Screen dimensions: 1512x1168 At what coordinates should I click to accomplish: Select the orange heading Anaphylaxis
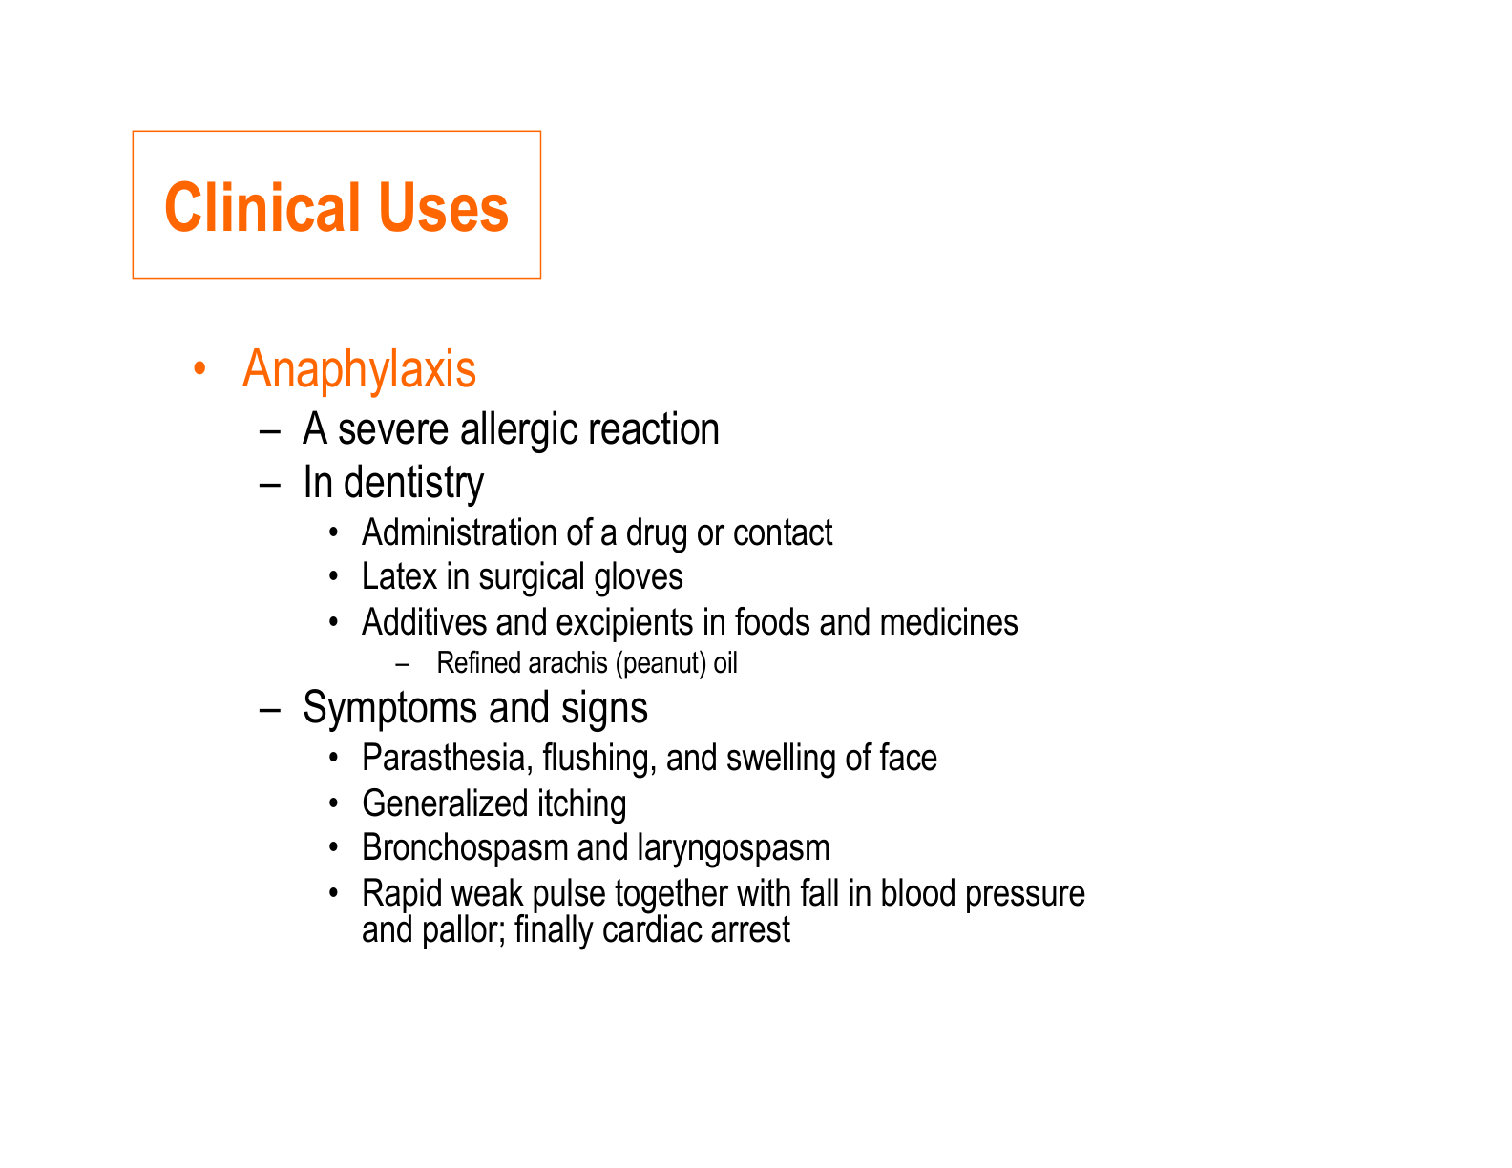(359, 369)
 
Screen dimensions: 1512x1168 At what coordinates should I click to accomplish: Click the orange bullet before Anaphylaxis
(199, 367)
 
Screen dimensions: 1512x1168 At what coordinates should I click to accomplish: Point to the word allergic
(518, 428)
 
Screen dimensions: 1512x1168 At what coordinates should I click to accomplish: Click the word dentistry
(413, 483)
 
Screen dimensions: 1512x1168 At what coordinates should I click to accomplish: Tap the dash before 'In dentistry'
(270, 485)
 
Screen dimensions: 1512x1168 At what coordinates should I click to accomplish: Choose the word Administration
(459, 532)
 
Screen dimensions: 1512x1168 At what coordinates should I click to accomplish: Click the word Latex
(399, 576)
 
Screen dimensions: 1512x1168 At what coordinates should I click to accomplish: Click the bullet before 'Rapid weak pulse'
(334, 892)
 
